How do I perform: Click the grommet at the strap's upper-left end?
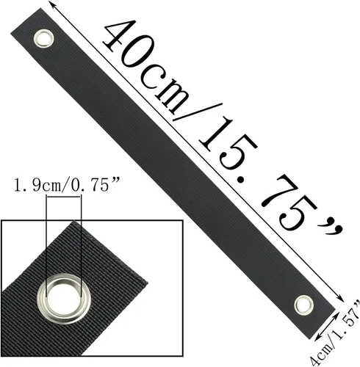(43, 38)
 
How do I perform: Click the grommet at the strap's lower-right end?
(303, 305)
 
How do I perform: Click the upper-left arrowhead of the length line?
(51, 4)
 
